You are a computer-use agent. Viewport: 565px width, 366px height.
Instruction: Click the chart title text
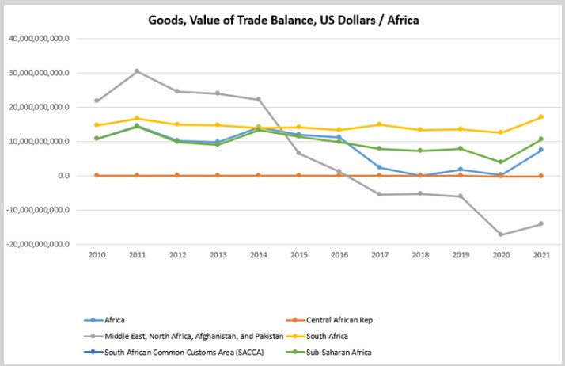coord(283,20)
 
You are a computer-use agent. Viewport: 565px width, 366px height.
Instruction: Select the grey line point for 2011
coord(137,71)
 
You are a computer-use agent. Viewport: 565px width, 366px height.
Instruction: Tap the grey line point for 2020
coord(501,234)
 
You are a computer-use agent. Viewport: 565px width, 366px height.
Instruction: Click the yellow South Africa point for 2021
coord(541,116)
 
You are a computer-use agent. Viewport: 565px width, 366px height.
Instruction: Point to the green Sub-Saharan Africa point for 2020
coord(501,162)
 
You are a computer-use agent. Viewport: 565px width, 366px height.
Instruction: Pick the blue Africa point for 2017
coord(380,167)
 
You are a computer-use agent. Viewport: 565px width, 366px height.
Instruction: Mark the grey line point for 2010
coord(97,101)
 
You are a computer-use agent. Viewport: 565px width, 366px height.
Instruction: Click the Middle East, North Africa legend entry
coord(194,336)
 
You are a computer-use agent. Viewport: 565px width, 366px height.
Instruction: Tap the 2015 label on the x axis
coord(298,256)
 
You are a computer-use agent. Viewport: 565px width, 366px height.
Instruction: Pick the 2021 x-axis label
coord(541,256)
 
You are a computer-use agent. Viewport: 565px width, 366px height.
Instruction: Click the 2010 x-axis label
coord(97,256)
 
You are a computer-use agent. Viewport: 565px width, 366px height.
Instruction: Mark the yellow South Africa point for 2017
coord(380,124)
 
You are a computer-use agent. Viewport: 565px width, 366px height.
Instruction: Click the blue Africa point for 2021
coord(541,150)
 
